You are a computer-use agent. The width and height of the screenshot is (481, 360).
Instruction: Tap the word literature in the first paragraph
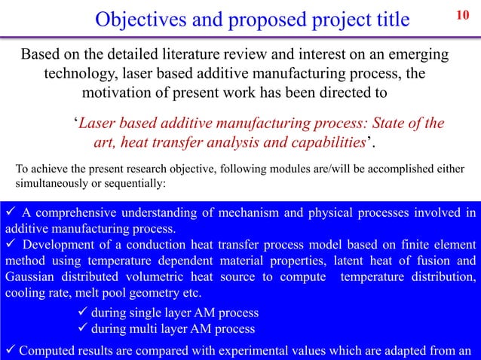(x=201, y=56)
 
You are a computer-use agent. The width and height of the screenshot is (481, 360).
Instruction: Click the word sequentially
(x=136, y=183)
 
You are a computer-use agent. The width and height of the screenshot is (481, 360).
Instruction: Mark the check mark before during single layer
(x=83, y=313)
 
